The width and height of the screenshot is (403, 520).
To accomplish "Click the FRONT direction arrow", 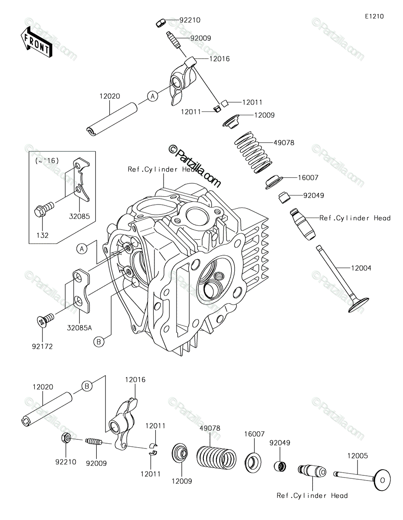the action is (36, 42).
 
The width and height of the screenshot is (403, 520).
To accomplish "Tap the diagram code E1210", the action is (374, 16).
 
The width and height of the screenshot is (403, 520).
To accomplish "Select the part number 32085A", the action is (79, 328).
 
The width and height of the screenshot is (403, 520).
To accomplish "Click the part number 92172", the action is (43, 346).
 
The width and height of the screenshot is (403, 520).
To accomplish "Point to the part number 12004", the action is (361, 268).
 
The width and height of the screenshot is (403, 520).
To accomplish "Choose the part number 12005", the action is (357, 456).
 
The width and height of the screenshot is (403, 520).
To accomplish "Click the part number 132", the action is (43, 235).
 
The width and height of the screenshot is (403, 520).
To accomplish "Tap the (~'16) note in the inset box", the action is (47, 161).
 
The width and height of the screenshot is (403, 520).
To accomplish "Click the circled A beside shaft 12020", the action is (153, 96).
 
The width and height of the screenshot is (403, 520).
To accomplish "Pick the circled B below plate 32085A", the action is (98, 342).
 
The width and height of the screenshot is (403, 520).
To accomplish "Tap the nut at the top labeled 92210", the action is (160, 23).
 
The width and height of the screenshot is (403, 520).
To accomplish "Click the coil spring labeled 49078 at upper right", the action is (253, 153).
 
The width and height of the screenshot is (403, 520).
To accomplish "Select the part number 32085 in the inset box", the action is (79, 216).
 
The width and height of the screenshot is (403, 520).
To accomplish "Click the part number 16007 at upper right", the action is (308, 178).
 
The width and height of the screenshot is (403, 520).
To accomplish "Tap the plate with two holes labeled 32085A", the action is (82, 290).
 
